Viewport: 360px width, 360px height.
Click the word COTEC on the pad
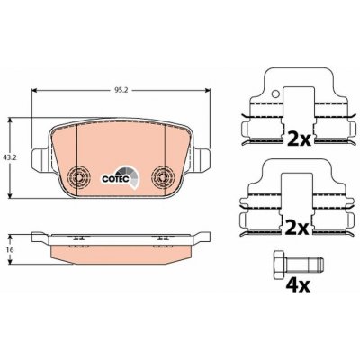[x=115, y=179]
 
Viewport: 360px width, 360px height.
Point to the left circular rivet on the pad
[x=77, y=176]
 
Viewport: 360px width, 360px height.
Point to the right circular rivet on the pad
[x=162, y=176]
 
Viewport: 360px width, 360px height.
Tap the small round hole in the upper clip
[x=275, y=94]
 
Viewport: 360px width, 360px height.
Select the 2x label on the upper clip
[x=299, y=139]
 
